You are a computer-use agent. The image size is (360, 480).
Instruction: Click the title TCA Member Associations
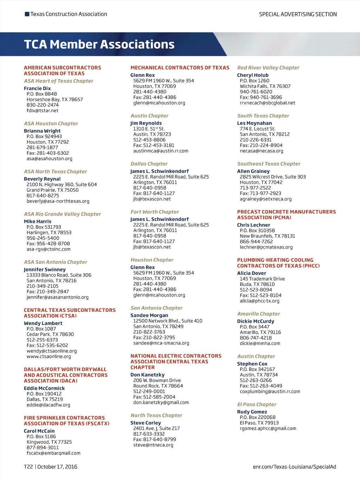(99, 44)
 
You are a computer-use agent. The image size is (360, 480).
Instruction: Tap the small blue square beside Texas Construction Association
(27, 14)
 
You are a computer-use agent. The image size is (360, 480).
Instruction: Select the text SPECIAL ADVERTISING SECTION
(298, 14)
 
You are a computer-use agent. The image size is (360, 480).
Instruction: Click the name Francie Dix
(37, 88)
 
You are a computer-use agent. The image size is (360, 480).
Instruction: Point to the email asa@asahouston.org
(50, 159)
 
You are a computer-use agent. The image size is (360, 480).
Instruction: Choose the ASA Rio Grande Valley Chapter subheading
(62, 214)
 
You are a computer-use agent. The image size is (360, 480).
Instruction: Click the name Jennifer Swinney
(45, 269)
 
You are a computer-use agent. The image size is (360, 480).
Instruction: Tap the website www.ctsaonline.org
(49, 356)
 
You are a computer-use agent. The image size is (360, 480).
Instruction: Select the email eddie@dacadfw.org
(49, 405)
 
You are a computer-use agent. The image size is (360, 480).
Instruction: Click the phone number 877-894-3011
(43, 447)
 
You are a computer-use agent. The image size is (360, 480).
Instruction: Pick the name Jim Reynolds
(146, 123)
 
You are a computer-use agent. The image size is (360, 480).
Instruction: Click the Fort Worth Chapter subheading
(155, 212)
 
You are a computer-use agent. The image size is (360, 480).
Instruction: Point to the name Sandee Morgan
(149, 315)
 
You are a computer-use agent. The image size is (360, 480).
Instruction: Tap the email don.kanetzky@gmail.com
(161, 402)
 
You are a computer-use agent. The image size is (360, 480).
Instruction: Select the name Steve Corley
(146, 423)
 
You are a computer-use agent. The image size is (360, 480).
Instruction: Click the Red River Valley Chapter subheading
(268, 68)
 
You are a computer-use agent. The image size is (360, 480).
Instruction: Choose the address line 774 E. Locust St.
(257, 129)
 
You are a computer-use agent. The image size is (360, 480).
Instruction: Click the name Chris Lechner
(253, 225)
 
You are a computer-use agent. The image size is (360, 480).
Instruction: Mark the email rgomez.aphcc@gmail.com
(268, 428)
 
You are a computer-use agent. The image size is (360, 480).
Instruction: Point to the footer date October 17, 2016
(57, 467)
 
